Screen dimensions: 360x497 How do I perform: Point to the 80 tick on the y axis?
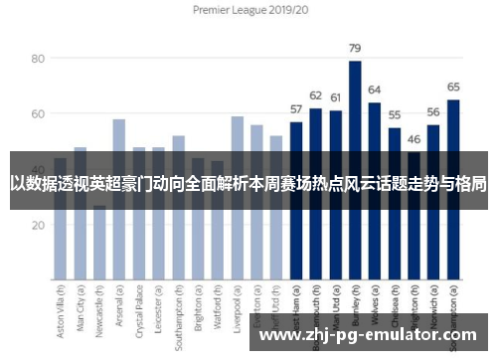[x=37, y=59]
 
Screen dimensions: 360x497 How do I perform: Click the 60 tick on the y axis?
[x=37, y=114]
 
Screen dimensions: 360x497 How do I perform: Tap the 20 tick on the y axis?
[x=37, y=225]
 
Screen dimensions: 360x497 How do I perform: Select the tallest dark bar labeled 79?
[x=355, y=169]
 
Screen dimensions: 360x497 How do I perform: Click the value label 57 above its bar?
[x=296, y=109]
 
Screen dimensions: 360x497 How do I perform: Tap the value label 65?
[x=453, y=88]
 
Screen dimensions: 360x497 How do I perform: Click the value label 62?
[x=316, y=95]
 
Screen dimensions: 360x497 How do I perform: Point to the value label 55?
[x=395, y=115]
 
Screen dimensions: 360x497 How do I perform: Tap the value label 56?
[x=433, y=112]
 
